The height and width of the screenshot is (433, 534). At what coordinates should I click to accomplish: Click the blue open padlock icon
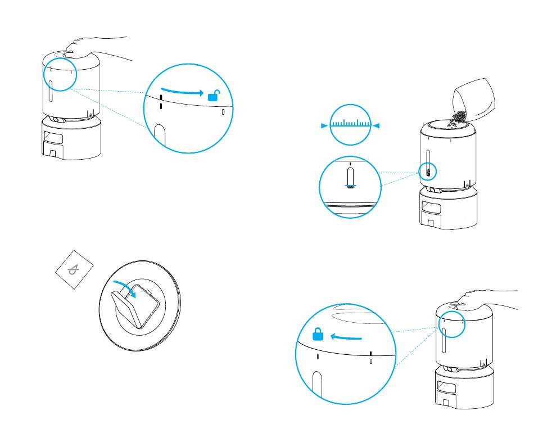(x=214, y=96)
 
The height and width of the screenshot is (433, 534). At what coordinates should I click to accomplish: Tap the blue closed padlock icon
(x=318, y=335)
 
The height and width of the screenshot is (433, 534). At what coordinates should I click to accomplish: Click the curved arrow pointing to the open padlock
(x=182, y=92)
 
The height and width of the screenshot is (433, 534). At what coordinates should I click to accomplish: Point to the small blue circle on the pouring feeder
(x=428, y=172)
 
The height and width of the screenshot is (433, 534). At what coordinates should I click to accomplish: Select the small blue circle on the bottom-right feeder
(x=452, y=324)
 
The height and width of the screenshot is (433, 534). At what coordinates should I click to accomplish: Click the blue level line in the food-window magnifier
(x=350, y=185)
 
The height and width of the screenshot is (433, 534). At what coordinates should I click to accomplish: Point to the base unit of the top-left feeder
(x=72, y=138)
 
